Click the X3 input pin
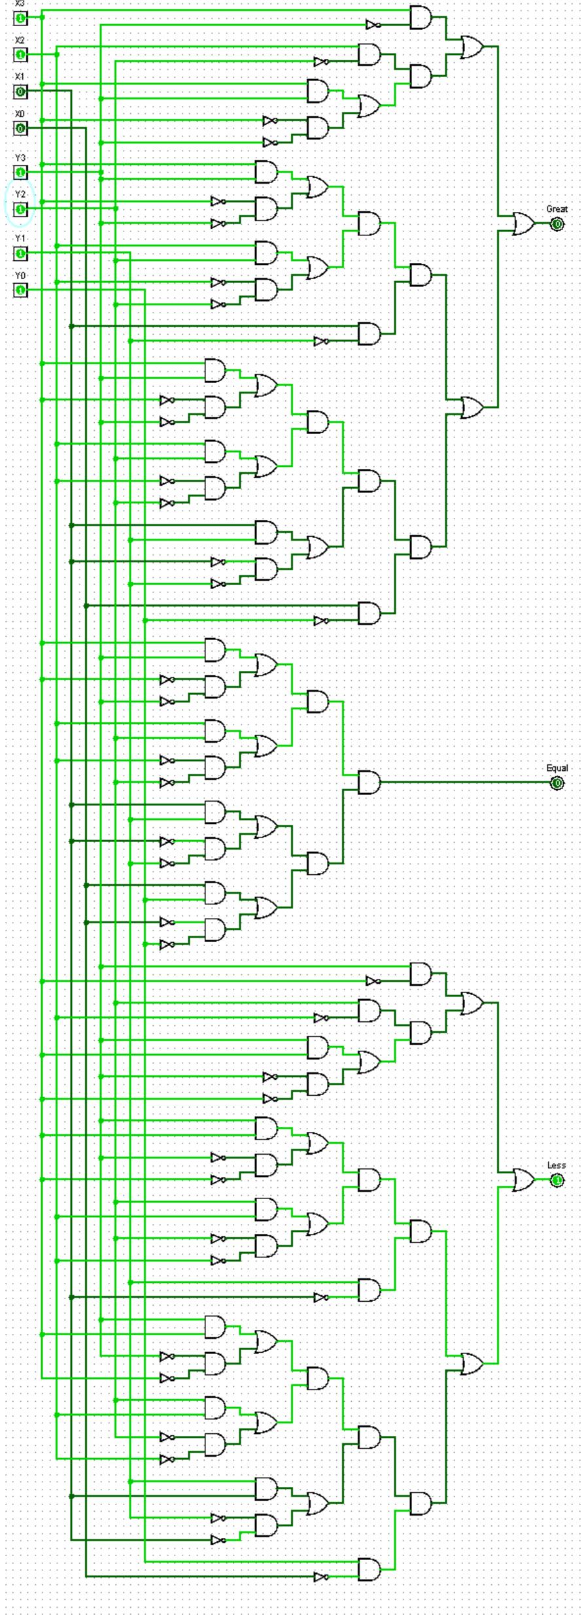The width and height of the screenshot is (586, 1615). pyautogui.click(x=20, y=18)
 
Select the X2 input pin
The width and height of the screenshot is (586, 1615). pyautogui.click(x=20, y=54)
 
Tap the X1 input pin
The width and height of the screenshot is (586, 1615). pyautogui.click(x=20, y=91)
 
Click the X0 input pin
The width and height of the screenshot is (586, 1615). pyautogui.click(x=20, y=128)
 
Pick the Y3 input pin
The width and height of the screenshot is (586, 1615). pyautogui.click(x=20, y=172)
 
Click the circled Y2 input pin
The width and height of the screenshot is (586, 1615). pyautogui.click(x=20, y=209)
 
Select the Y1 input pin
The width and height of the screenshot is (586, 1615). pyautogui.click(x=20, y=252)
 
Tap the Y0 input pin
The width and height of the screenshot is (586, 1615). pyautogui.click(x=20, y=289)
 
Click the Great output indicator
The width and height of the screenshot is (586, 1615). pyautogui.click(x=557, y=224)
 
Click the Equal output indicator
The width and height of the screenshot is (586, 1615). pyautogui.click(x=557, y=783)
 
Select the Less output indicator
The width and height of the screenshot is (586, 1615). pyautogui.click(x=557, y=1180)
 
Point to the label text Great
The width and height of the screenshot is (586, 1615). pyautogui.click(x=557, y=209)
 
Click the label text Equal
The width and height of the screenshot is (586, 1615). pyautogui.click(x=557, y=768)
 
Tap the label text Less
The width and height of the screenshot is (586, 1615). pyautogui.click(x=556, y=1165)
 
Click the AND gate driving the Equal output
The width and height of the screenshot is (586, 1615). pyautogui.click(x=369, y=782)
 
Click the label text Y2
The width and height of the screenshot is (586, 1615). pyautogui.click(x=20, y=194)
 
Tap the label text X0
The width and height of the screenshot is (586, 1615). pyautogui.click(x=20, y=114)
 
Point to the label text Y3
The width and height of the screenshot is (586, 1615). pyautogui.click(x=20, y=158)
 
